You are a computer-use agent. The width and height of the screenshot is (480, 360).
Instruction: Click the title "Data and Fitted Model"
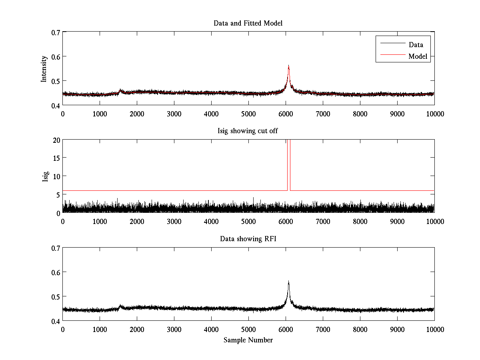point(248,23)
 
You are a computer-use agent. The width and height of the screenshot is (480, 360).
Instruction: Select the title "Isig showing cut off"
point(248,131)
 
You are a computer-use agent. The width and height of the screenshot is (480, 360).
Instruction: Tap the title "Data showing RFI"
point(248,239)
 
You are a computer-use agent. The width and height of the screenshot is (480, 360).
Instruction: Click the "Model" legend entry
point(418,56)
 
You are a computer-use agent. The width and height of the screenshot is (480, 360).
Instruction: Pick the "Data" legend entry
point(416,45)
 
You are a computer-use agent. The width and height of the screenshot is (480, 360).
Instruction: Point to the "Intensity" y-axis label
point(44,68)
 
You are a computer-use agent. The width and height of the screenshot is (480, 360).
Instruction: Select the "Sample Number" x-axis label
point(248,340)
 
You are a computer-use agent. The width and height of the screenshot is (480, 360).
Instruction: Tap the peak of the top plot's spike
point(288,66)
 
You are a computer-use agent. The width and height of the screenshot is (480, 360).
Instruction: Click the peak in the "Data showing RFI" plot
point(288,282)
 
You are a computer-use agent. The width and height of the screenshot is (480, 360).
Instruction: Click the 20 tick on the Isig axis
point(56,140)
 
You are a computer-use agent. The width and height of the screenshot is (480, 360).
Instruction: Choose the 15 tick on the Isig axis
point(56,158)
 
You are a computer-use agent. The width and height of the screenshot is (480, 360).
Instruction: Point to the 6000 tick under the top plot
point(286,114)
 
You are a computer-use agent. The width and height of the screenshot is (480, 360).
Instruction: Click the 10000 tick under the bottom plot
point(434,329)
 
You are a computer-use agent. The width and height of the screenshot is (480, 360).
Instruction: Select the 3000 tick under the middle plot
point(174,222)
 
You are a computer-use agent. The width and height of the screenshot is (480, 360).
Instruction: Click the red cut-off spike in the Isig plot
point(288,164)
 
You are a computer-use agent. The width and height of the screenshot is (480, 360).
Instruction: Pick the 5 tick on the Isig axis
point(58,195)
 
